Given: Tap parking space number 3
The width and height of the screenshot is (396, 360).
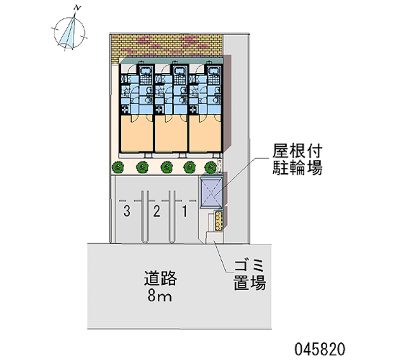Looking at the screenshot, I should click(x=127, y=212).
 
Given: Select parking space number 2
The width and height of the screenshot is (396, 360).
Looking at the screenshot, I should click(x=157, y=212).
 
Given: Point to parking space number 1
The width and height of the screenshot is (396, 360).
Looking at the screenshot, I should click(x=185, y=212).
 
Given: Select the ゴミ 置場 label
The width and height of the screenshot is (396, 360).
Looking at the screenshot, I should click(x=249, y=275).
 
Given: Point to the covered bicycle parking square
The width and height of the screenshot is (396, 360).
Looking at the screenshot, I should click(x=211, y=193).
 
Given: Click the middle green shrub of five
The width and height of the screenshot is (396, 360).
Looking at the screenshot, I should click(x=166, y=167).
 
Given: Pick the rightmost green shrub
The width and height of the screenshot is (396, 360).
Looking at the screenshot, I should click(x=211, y=167).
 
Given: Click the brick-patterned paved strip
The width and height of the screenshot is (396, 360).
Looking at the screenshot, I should click(x=166, y=45).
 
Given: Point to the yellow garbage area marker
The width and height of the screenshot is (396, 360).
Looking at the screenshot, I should click(x=219, y=220).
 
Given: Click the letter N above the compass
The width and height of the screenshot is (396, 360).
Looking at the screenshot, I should click(x=76, y=7).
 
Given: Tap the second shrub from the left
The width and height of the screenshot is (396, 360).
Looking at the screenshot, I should click(x=142, y=167).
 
